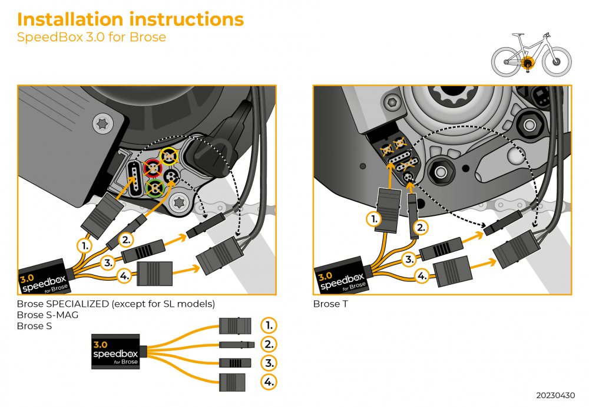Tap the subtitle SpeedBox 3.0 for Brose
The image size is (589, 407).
pos(91,38)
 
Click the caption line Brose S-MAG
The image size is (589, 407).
pos(48,315)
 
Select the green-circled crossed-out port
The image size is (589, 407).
pos(155,189)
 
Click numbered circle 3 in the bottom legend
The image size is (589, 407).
pos(269,363)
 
